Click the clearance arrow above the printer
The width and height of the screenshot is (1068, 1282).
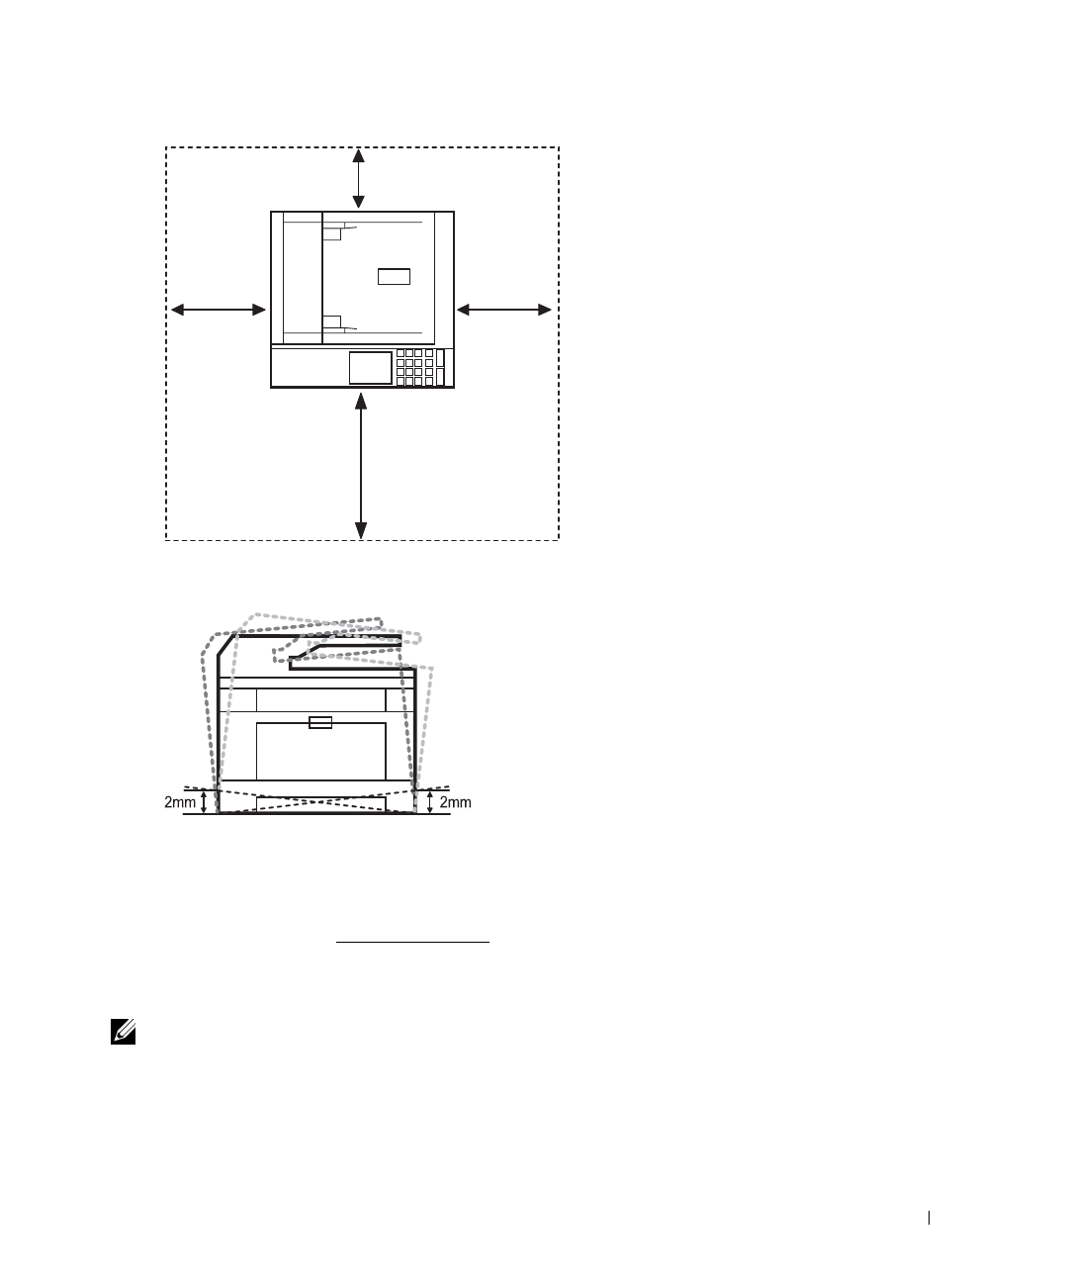point(360,179)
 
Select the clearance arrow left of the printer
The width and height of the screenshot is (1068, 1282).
point(220,311)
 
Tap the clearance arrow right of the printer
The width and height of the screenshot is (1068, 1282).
point(504,311)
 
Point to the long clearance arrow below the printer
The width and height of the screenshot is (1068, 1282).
point(361,465)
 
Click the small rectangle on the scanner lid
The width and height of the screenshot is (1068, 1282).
point(394,276)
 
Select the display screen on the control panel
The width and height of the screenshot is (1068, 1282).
point(370,367)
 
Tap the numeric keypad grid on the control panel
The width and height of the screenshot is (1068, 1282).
point(415,367)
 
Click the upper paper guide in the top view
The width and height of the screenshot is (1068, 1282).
point(332,232)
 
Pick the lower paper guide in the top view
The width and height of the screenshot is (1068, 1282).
point(332,321)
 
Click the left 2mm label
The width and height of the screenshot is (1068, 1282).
point(180,803)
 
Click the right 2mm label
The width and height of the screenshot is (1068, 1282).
point(455,803)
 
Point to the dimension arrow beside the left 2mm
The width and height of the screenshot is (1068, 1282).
point(205,801)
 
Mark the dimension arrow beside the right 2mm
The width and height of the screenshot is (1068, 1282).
point(430,801)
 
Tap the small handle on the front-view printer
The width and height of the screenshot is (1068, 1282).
point(320,722)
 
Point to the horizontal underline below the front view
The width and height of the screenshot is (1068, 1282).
point(413,944)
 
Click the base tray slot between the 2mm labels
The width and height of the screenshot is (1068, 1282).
point(319,803)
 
